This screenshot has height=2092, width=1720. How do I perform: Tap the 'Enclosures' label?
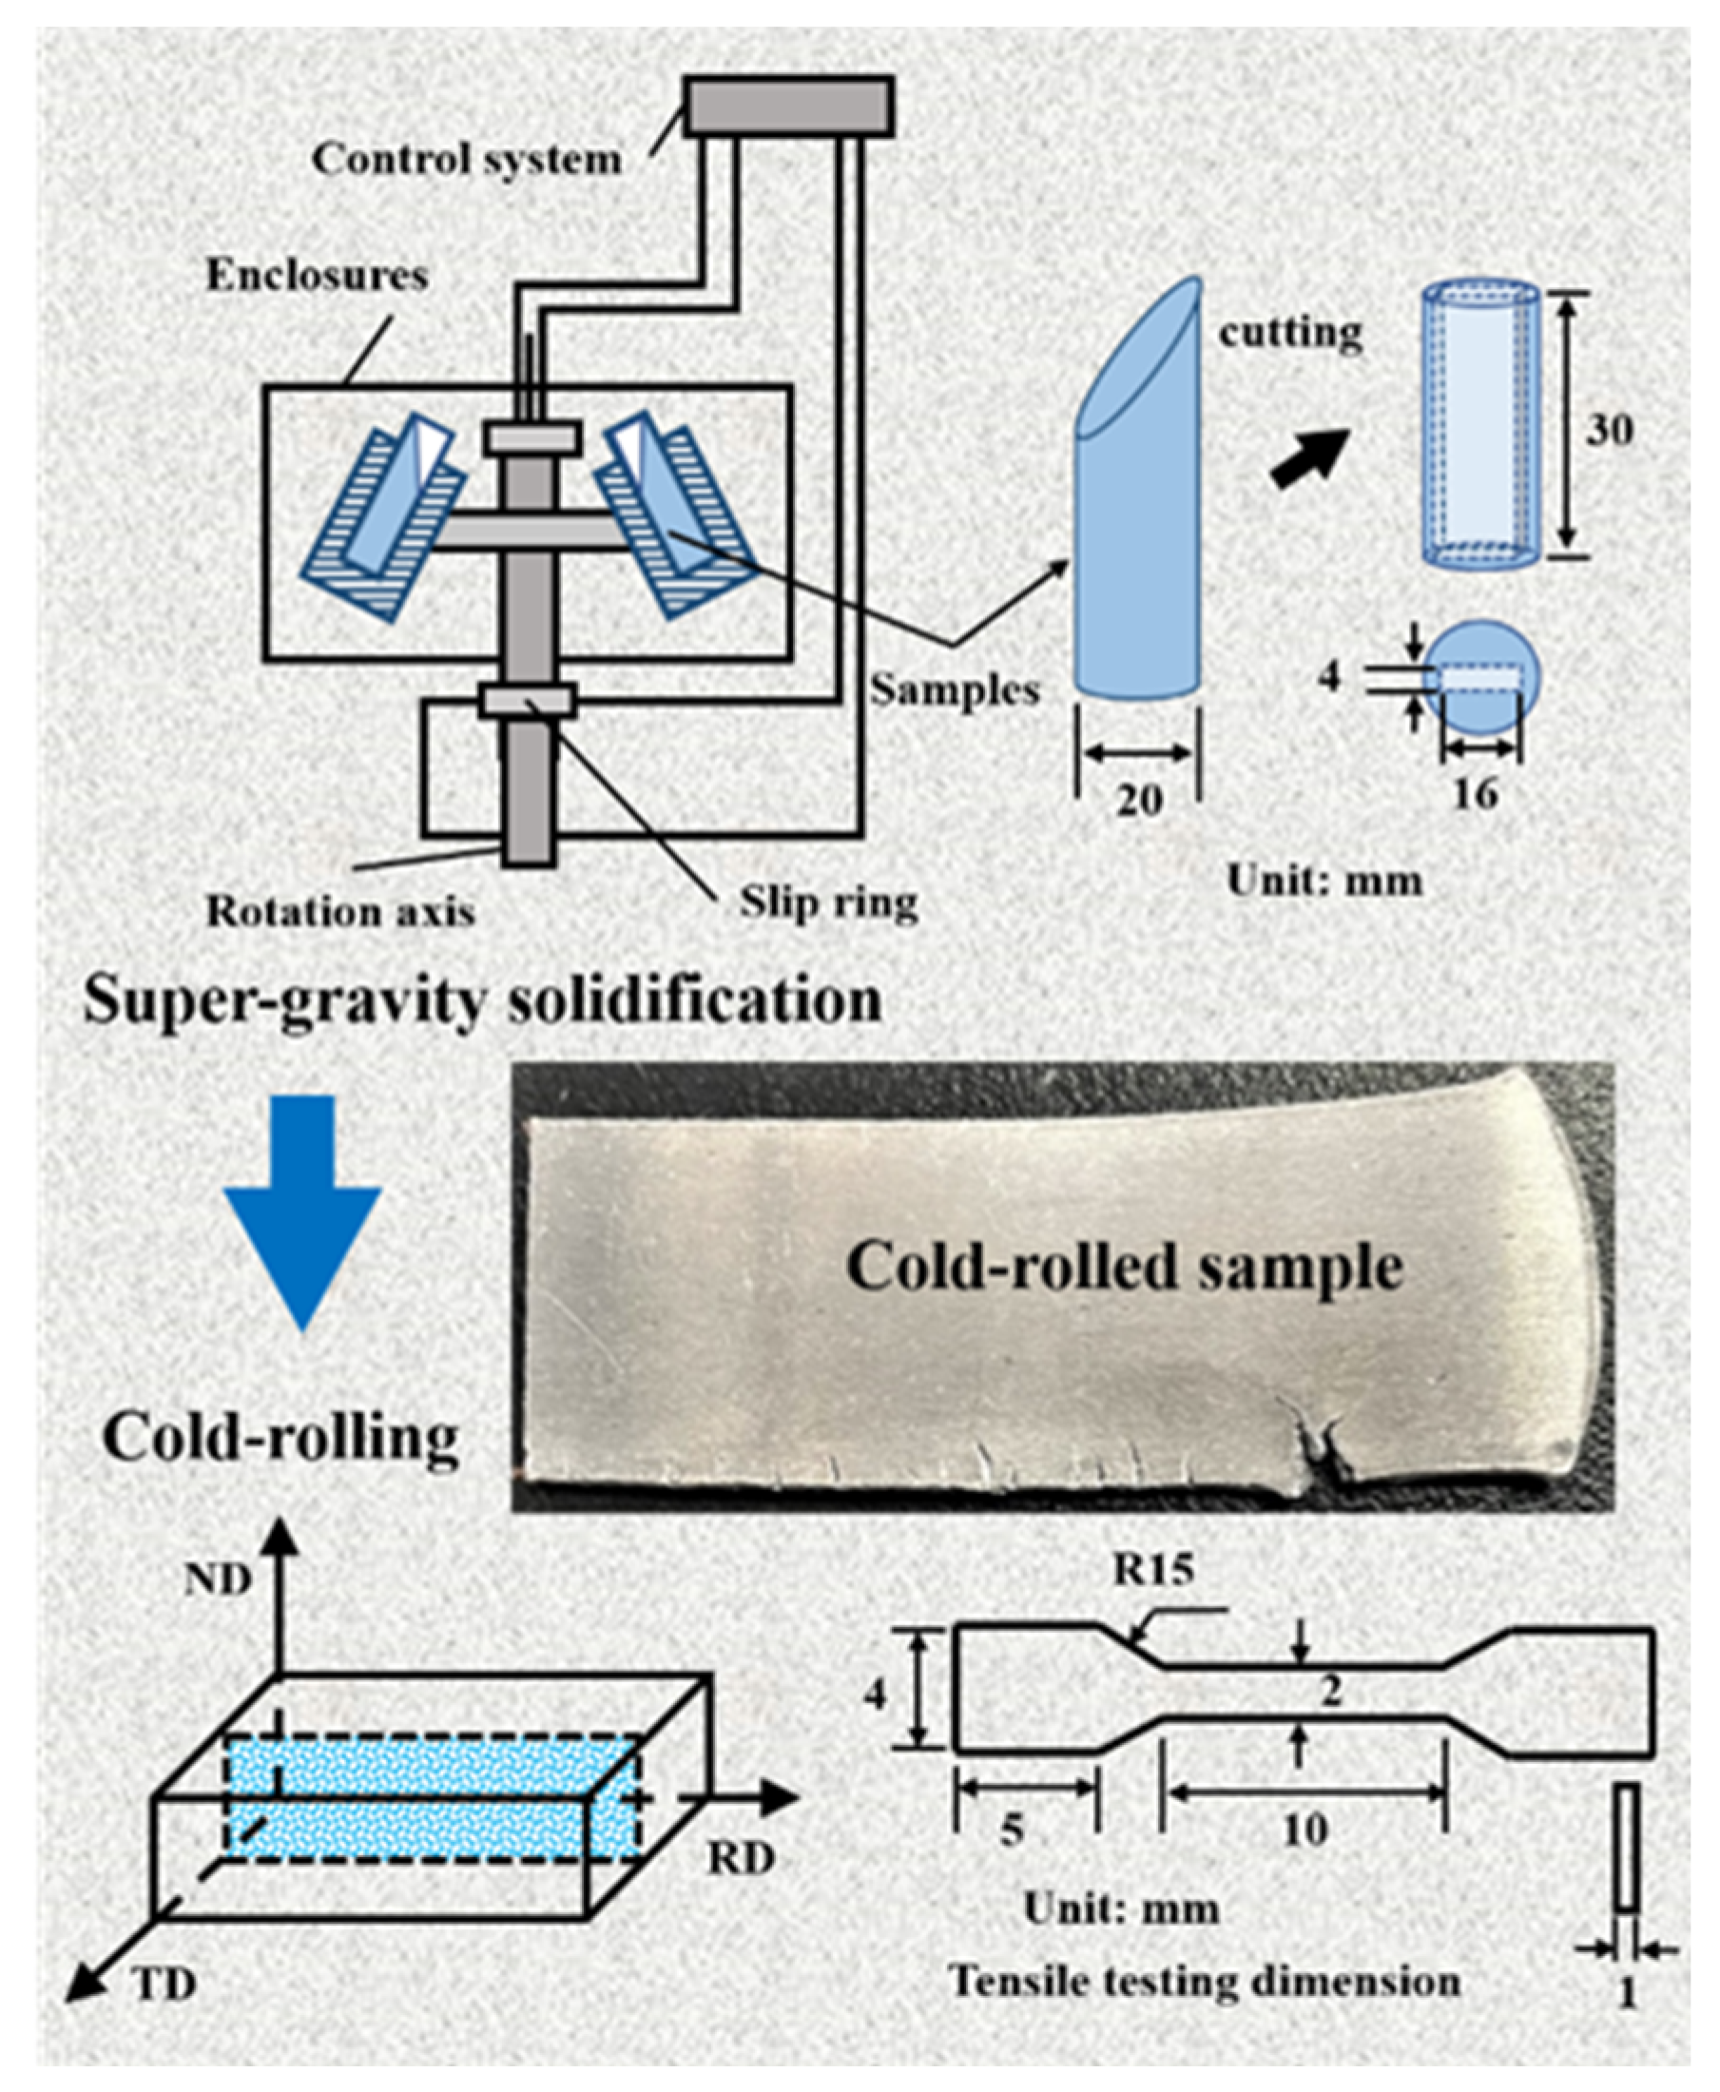click(316, 276)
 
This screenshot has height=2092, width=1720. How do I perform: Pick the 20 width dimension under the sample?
click(1138, 800)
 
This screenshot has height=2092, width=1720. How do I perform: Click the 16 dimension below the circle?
click(1476, 793)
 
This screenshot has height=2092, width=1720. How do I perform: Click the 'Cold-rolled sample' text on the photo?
click(1125, 1267)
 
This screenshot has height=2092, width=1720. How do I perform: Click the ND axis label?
click(218, 1579)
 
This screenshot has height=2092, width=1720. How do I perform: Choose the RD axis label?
click(740, 1860)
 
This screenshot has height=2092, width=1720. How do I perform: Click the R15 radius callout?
click(1152, 1569)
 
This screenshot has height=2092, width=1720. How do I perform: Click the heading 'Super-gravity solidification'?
click(482, 1001)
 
